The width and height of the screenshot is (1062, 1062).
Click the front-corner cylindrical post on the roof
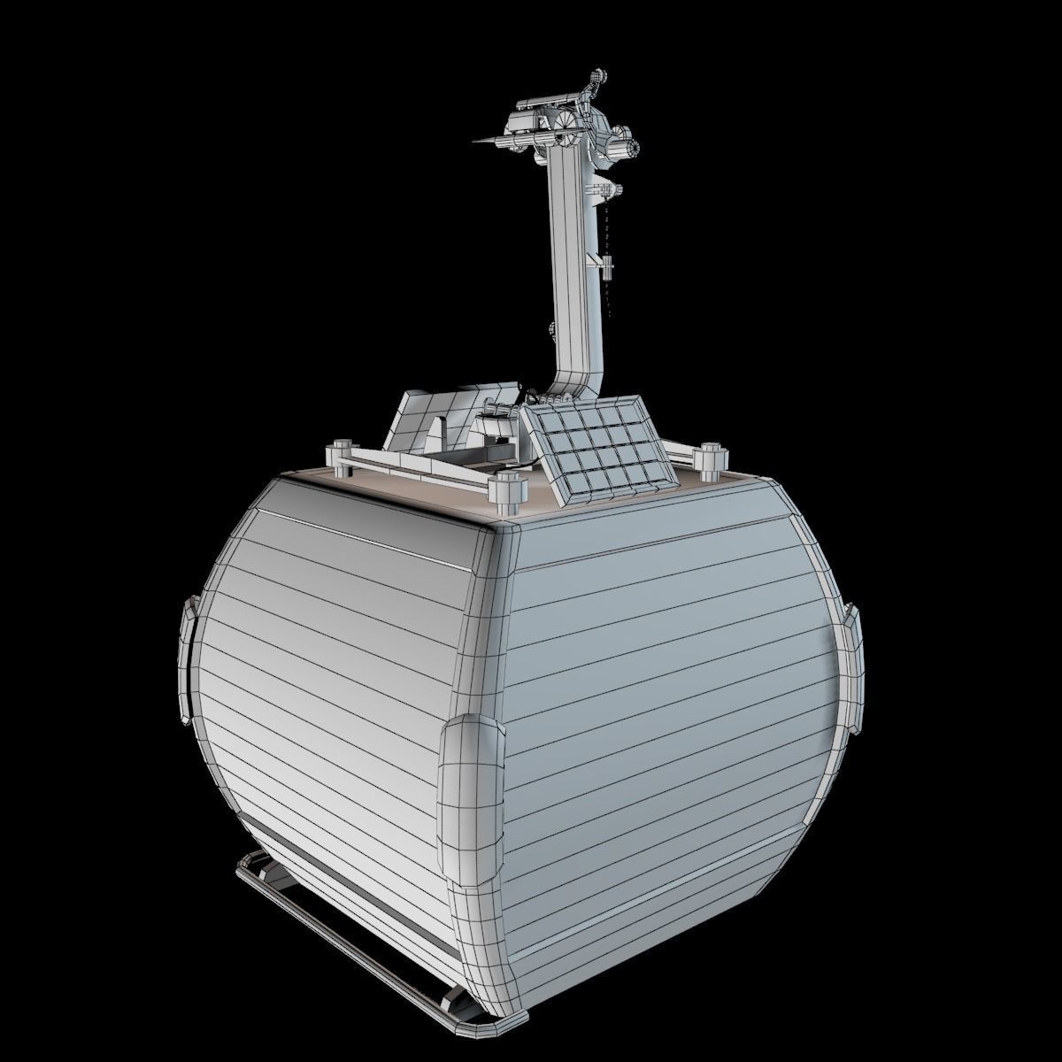point(506,492)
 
